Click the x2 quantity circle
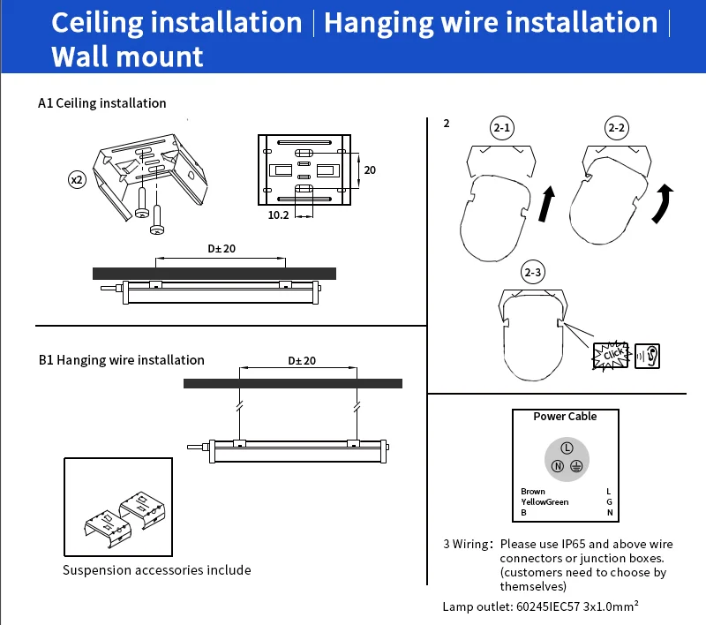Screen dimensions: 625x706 [77, 179]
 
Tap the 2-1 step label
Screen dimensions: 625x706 [502, 129]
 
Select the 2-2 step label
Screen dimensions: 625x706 [617, 129]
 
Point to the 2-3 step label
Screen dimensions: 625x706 [532, 273]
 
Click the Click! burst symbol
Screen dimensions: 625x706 [612, 355]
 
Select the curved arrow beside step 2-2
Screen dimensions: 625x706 [661, 201]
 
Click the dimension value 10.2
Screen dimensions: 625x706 [278, 215]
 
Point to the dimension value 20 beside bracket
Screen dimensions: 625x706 [370, 169]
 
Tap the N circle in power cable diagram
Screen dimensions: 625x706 [557, 466]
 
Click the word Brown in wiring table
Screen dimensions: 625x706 [533, 492]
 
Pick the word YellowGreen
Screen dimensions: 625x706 [545, 502]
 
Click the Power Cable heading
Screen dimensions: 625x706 [565, 417]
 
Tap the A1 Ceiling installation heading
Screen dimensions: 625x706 [102, 103]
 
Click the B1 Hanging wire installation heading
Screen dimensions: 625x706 [122, 360]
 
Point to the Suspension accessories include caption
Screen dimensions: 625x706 [156, 570]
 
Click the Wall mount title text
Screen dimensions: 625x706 [127, 56]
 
